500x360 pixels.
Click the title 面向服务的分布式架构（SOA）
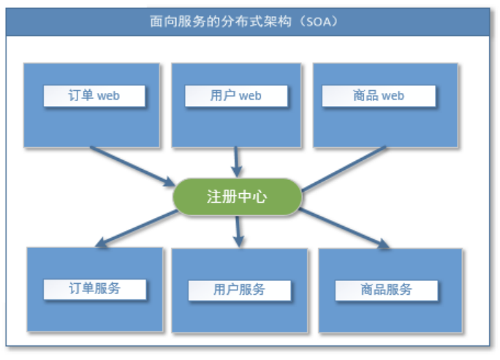tap(249, 21)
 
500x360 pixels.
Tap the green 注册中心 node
tap(236, 198)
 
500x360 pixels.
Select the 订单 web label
tap(94, 96)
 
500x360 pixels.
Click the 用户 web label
tap(235, 96)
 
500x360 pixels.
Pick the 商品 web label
tap(378, 96)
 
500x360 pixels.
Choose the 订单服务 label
tap(94, 288)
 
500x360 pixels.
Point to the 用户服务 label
tap(239, 290)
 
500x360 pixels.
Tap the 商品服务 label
tap(386, 290)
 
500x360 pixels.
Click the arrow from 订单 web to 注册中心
tap(132, 165)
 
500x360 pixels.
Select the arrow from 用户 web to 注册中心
tap(236, 161)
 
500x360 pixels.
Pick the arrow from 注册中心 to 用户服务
tap(237, 231)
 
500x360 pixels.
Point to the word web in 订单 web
tap(109, 96)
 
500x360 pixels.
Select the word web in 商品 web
tap(393, 96)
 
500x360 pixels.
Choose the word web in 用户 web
tap(250, 96)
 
